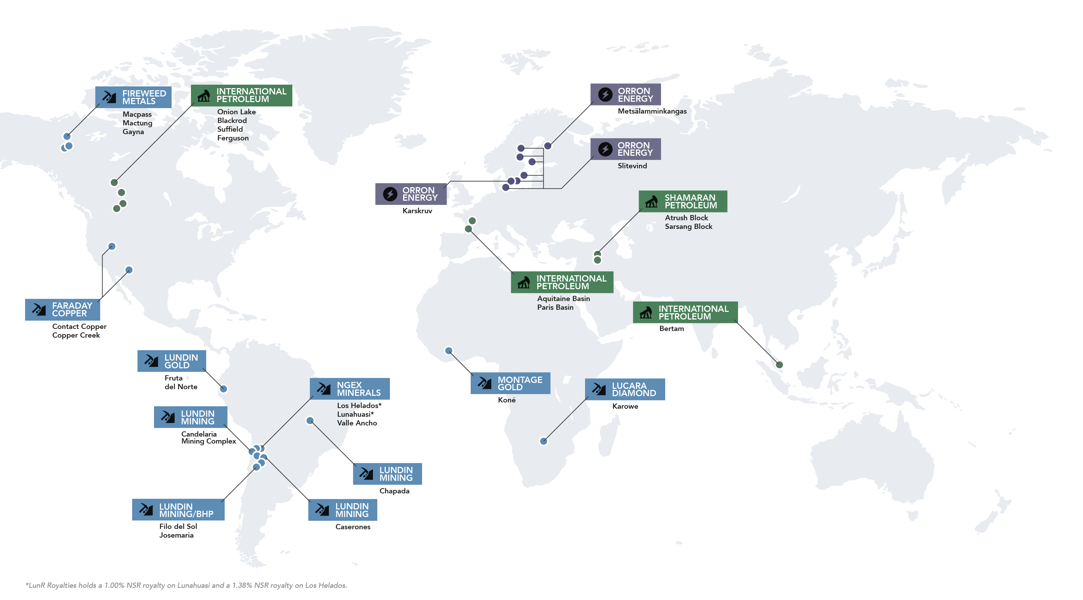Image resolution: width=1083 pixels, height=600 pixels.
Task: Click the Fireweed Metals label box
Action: click(133, 97)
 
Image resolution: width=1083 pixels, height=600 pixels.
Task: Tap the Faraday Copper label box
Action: click(63, 309)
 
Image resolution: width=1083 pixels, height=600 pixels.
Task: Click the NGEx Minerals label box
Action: click(350, 389)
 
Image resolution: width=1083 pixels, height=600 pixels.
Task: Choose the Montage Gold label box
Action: click(510, 383)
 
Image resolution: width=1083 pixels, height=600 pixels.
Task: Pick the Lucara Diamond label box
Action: click(625, 389)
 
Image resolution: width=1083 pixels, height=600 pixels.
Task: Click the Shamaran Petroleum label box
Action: click(682, 201)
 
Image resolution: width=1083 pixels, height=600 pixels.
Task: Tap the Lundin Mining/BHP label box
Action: click(178, 510)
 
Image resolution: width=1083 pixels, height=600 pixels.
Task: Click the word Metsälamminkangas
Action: click(652, 111)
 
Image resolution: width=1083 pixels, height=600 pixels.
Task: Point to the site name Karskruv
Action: click(417, 211)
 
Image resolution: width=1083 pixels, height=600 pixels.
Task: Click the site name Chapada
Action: click(394, 491)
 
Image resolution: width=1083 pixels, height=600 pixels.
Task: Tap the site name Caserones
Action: click(353, 527)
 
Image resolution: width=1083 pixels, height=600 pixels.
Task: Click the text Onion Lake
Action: click(236, 112)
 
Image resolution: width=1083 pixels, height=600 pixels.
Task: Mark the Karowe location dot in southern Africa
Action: click(544, 441)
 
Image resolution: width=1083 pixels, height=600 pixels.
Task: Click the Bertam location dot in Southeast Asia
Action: click(779, 364)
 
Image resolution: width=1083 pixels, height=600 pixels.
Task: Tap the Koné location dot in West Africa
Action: click(448, 351)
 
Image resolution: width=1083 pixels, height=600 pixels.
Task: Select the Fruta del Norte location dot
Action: click(224, 389)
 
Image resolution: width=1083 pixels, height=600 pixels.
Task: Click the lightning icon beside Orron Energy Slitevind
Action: click(605, 149)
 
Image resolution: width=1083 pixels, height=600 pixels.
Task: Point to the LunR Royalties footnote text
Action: click(186, 585)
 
